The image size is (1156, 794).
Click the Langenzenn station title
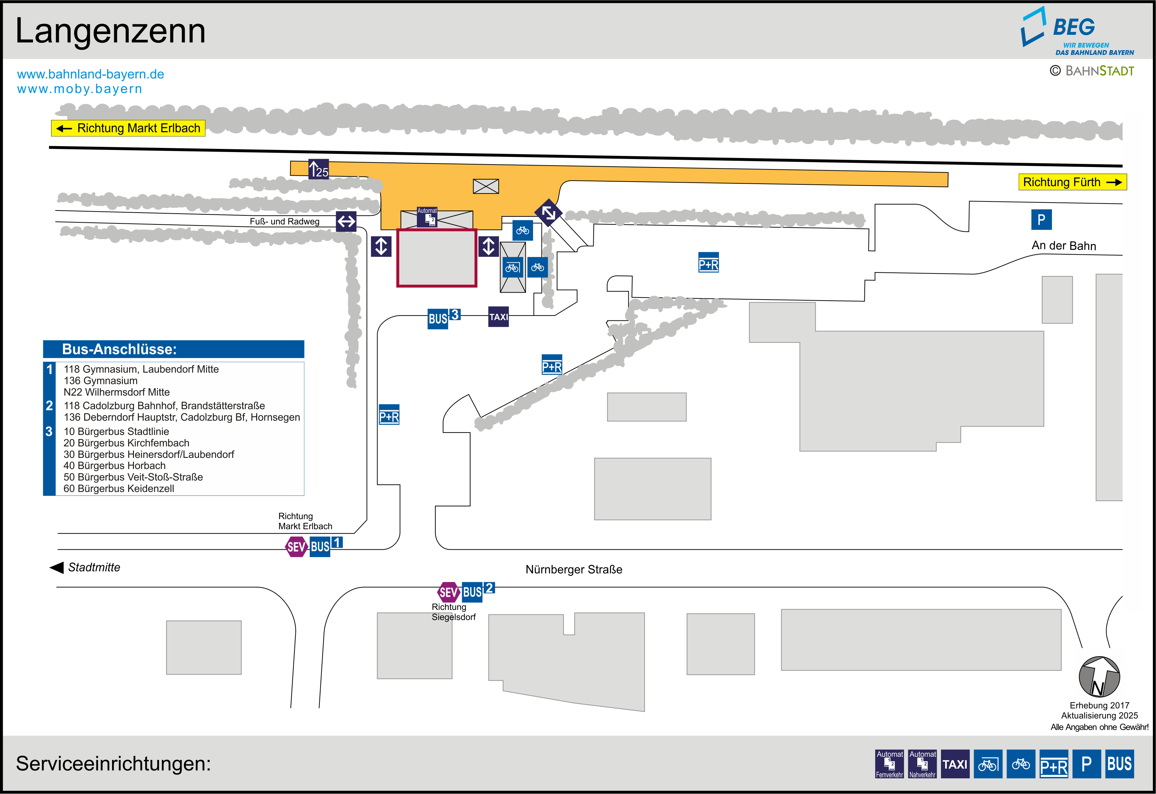coord(110,31)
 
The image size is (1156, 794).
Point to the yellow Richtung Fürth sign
coord(1072,182)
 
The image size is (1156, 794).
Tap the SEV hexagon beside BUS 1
coord(296,547)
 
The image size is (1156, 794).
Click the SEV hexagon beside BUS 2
coord(448,592)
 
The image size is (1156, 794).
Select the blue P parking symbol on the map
coord(1041,220)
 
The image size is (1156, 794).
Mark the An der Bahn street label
coord(1063,246)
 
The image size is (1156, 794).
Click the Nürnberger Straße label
coord(573,570)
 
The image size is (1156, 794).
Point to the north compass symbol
coord(1099,677)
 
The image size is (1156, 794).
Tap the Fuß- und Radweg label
coord(285,221)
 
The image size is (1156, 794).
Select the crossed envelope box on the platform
coord(485,186)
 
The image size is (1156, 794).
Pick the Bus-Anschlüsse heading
coord(119,349)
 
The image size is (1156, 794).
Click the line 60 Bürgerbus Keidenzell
coord(119,489)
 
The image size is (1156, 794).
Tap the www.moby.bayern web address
coord(80,89)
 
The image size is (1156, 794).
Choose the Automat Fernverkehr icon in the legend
coord(889,764)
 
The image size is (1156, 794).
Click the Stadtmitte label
coord(94,567)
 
